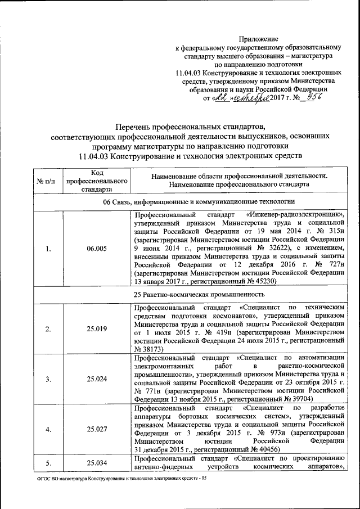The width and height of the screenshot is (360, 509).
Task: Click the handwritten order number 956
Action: point(321,97)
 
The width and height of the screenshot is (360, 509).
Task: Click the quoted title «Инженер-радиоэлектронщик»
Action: point(295,215)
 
